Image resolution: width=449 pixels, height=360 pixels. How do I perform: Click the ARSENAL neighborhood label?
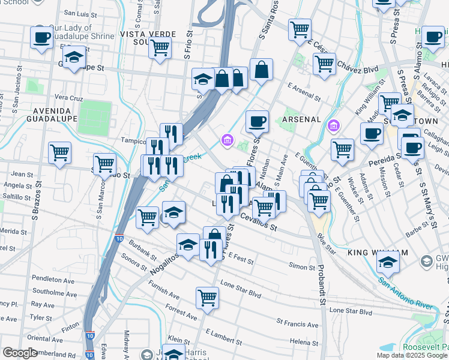(301, 119)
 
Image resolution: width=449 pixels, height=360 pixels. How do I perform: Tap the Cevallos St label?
(259, 223)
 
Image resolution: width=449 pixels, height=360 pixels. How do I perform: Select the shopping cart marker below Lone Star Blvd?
(207, 298)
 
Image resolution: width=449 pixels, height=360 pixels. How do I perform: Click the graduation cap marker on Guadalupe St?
(74, 58)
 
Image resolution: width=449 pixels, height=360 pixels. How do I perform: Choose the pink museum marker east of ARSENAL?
(334, 127)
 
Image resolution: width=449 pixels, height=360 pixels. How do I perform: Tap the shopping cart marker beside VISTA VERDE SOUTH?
(160, 48)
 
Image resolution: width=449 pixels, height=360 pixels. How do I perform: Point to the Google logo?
(20, 353)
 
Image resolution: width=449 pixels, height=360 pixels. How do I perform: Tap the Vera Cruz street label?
(68, 97)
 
